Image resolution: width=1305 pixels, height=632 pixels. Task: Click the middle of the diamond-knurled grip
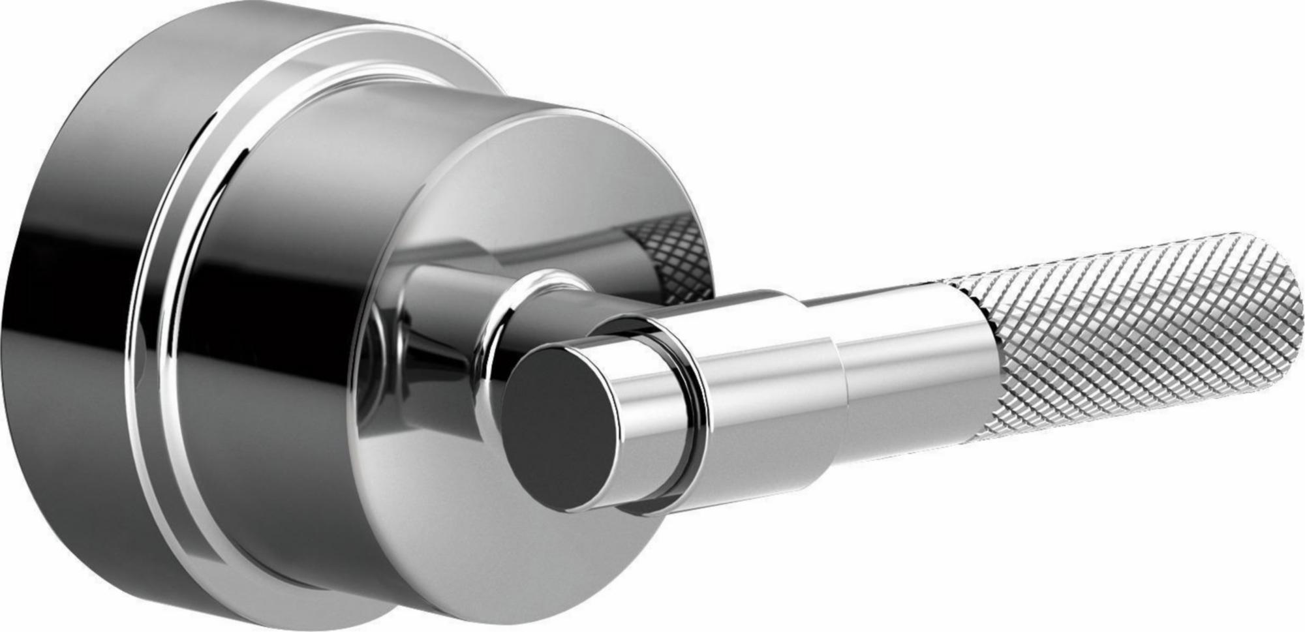pyautogui.click(x=1122, y=346)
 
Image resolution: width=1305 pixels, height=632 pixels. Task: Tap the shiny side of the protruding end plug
pyautogui.click(x=643, y=417)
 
